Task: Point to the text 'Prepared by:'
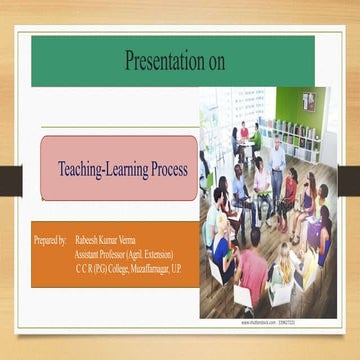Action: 50,241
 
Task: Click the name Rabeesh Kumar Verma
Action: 107,241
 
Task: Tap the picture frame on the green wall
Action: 309,101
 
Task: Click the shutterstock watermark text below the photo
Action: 271,323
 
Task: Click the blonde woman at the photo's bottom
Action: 285,263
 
